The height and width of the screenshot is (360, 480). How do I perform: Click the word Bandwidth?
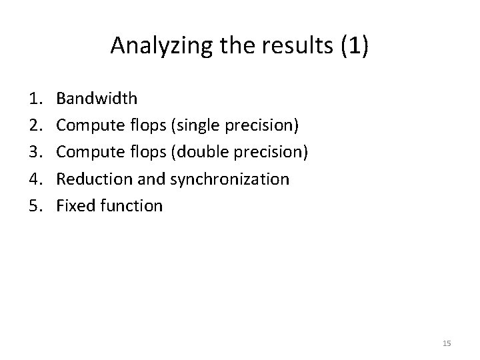tap(97, 99)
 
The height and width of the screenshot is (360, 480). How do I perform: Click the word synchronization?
tap(230, 179)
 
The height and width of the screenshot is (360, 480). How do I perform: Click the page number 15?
tap(447, 343)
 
